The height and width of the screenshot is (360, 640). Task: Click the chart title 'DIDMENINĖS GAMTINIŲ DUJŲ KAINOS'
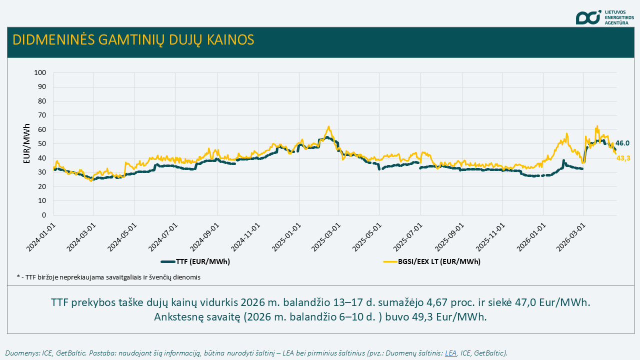pos(133,40)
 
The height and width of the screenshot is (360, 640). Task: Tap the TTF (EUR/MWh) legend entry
pos(195,261)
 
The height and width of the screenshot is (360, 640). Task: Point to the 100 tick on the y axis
pos(40,73)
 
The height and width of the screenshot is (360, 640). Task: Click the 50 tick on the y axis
pos(42,144)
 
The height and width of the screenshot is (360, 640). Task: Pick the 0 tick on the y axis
pos(44,215)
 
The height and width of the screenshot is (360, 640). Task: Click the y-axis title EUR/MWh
pos(27,144)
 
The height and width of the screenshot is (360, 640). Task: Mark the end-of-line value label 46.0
pos(622,143)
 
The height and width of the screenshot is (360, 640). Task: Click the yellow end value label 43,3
pos(622,158)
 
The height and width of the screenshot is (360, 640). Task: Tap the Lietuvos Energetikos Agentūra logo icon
pos(587,17)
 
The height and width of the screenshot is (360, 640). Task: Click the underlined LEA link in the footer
pos(450,353)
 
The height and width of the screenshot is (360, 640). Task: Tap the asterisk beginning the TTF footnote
pos(18,276)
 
